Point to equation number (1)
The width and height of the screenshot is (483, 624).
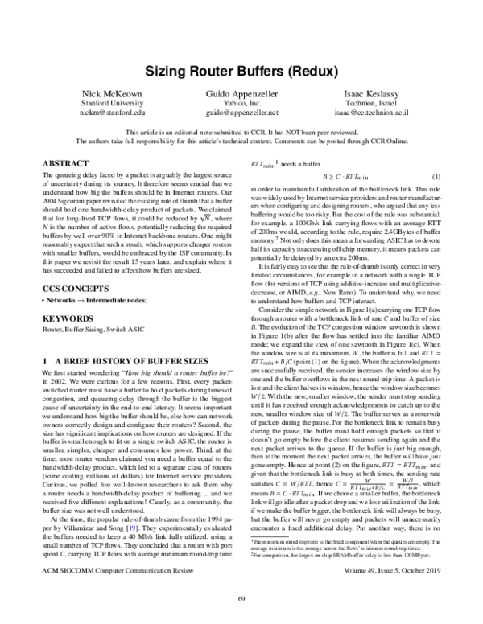pyautogui.click(x=436, y=176)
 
